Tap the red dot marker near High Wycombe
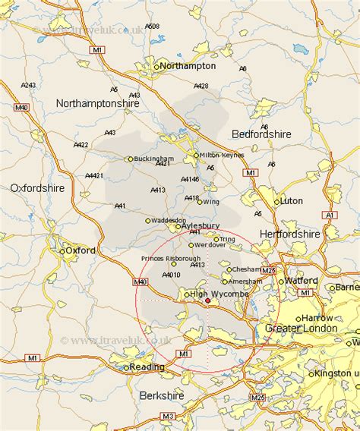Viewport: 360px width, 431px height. (208, 300)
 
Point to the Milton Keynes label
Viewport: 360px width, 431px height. (223, 156)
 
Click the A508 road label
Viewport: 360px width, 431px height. (152, 27)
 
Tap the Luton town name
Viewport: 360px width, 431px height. (291, 201)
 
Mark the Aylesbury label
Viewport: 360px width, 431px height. (202, 226)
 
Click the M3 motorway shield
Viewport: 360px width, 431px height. (167, 416)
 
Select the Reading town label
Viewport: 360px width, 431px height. (147, 367)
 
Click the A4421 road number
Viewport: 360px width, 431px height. (94, 176)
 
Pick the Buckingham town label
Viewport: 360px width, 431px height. (155, 159)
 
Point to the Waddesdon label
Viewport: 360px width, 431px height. (169, 220)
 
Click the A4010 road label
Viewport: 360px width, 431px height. (171, 275)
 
